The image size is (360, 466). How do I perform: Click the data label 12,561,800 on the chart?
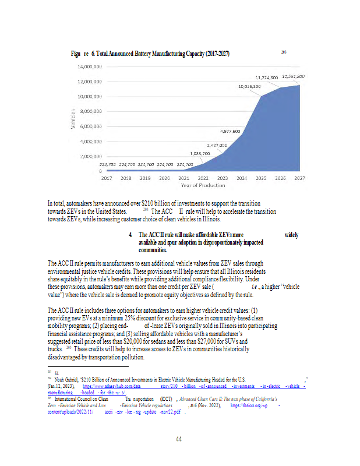pos(294,76)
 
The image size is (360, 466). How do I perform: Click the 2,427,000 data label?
pos(217,144)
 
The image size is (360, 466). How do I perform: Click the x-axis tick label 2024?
pos(242,177)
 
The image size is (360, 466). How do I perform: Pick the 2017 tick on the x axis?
pos(107,177)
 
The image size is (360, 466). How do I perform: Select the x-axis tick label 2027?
pos(299,177)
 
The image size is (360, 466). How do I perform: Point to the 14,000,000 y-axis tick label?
pos(90,66)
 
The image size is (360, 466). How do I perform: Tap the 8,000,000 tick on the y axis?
pos(91,111)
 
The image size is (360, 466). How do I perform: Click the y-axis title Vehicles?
pos(72,119)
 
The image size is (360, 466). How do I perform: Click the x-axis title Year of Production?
pos(203,185)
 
